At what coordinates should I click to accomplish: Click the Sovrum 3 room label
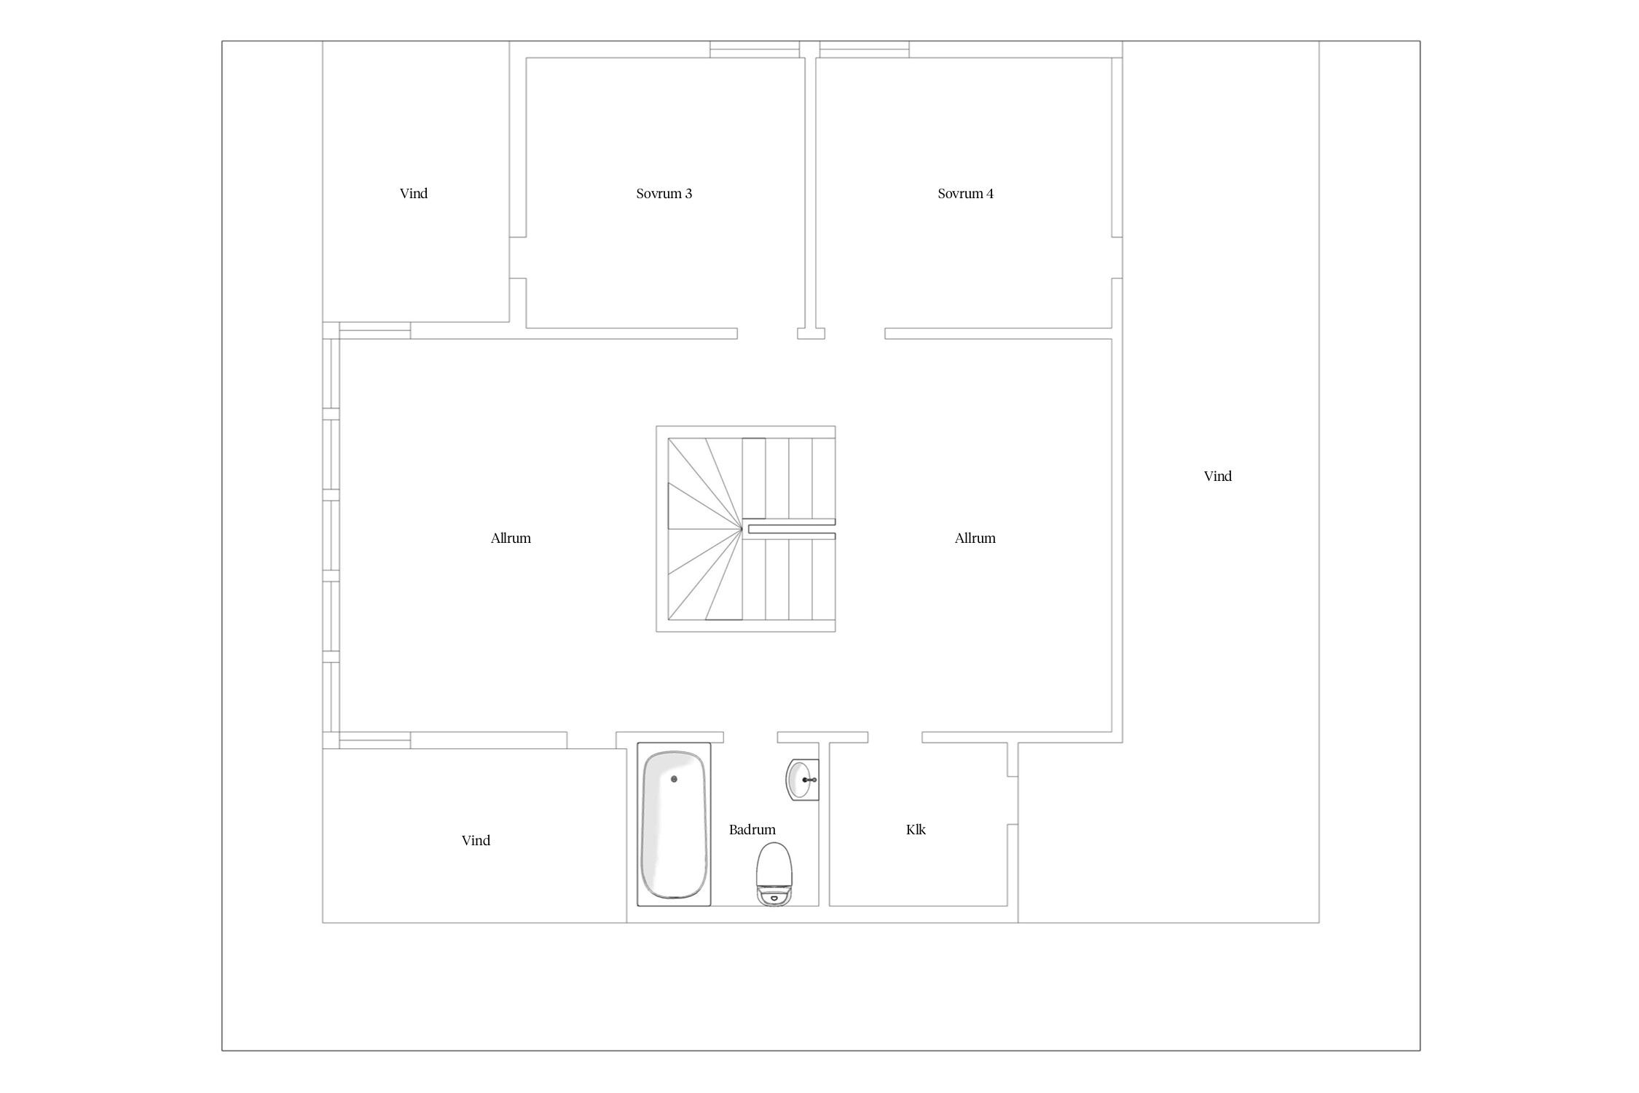(664, 194)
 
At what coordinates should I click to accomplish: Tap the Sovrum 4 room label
(965, 194)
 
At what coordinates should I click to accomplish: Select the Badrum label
(752, 830)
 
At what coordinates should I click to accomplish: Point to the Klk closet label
(916, 830)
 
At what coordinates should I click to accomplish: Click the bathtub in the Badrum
(674, 824)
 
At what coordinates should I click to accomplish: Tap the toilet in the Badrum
(774, 874)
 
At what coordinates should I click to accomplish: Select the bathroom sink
(802, 780)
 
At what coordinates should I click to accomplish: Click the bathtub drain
(674, 779)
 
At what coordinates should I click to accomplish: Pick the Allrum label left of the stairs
(511, 538)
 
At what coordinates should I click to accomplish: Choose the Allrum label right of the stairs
(975, 538)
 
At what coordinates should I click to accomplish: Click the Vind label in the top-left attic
(414, 194)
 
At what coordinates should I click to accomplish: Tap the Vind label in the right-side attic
(1218, 477)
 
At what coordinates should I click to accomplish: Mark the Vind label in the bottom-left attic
(476, 841)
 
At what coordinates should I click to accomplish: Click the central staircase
(746, 529)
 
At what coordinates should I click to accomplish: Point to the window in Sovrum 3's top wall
(755, 50)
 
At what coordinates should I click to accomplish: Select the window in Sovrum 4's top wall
(865, 50)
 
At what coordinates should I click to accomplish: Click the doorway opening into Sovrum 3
(767, 334)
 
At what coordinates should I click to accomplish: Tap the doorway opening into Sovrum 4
(855, 334)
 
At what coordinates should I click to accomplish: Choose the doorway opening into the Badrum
(750, 737)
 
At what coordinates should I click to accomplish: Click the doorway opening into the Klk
(895, 737)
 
